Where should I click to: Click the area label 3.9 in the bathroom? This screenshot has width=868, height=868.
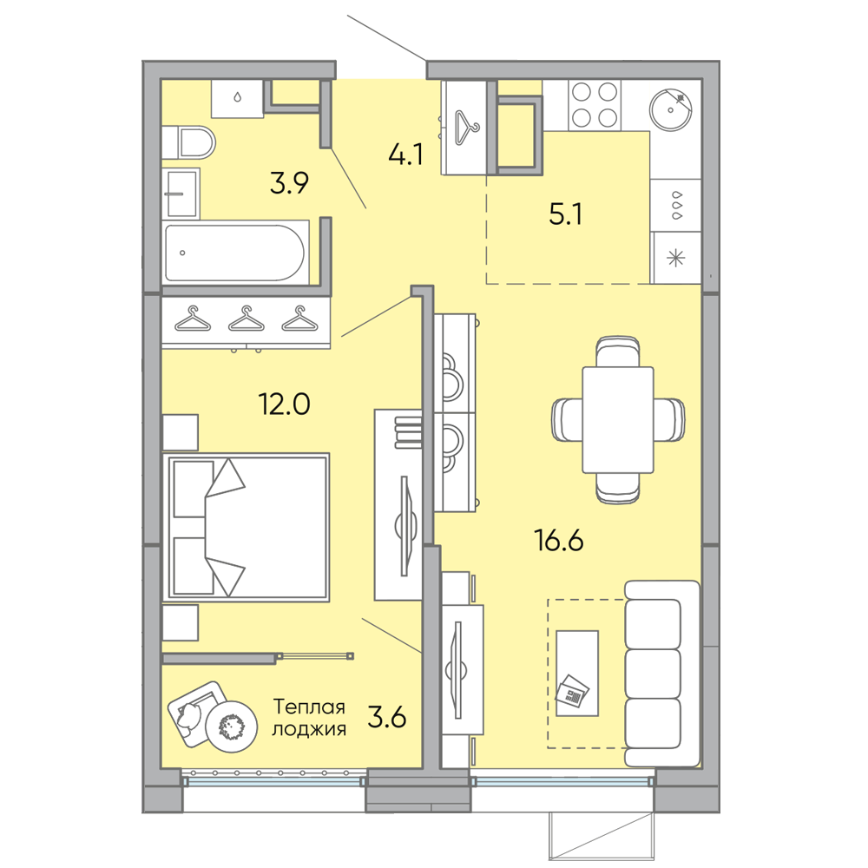click(289, 182)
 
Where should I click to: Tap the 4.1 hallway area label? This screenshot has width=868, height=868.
click(405, 155)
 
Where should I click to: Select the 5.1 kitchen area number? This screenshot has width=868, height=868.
click(565, 214)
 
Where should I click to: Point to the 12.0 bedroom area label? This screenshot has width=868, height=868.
click(285, 404)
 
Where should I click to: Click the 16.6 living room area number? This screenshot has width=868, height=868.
click(558, 540)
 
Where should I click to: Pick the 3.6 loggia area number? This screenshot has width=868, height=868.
click(387, 718)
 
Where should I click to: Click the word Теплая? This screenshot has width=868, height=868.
click(310, 707)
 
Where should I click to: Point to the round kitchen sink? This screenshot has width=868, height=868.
click(670, 109)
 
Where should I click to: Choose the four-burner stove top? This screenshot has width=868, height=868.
click(595, 105)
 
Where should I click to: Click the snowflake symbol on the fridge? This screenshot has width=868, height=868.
click(676, 258)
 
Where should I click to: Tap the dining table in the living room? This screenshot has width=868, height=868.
click(618, 420)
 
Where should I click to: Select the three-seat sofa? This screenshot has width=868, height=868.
click(662, 674)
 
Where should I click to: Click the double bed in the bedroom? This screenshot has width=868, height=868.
click(246, 527)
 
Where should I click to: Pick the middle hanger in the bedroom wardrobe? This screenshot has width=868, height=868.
click(247, 319)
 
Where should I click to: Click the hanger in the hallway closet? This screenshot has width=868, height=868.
click(467, 128)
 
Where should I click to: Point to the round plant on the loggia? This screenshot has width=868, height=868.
click(231, 727)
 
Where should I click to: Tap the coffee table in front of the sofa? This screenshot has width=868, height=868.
click(577, 674)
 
